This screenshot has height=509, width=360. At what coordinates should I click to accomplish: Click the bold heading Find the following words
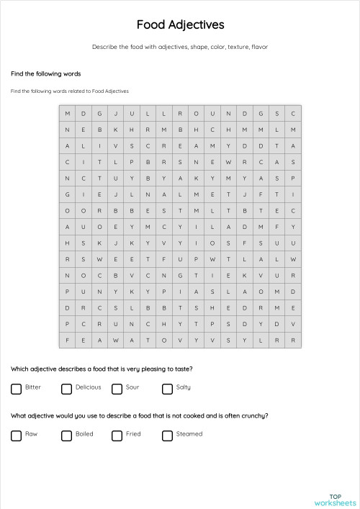[45, 73]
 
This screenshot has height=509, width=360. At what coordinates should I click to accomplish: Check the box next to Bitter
[16, 389]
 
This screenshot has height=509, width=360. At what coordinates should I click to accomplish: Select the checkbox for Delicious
[66, 389]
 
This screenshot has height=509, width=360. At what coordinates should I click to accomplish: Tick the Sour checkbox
[117, 389]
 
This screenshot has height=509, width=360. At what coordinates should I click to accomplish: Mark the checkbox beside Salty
[167, 389]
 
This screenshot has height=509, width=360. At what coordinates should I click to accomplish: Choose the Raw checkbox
[16, 436]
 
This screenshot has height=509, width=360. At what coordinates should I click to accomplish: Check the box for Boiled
[66, 436]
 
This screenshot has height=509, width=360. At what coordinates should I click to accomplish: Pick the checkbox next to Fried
[117, 436]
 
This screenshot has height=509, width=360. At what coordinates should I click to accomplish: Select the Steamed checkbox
[167, 436]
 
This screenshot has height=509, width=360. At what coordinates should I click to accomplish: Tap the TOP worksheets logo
[335, 500]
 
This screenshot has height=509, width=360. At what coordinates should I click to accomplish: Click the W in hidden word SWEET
[99, 258]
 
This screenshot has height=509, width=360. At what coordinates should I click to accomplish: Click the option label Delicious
[88, 387]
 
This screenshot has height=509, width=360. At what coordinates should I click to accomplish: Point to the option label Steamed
[189, 434]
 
